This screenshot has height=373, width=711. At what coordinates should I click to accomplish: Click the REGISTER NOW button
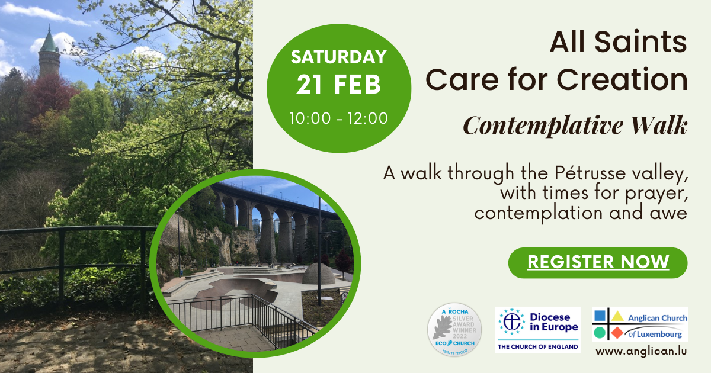[598, 263]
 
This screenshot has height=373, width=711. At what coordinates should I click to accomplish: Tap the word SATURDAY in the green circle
[339, 57]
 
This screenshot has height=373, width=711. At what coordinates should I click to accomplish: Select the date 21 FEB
[339, 85]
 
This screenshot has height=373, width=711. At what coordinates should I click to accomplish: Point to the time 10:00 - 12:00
[338, 118]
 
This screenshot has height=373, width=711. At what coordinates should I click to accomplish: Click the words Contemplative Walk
[575, 126]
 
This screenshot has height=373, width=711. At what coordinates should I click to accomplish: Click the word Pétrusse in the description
[591, 173]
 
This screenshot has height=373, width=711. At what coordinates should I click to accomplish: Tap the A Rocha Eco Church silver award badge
[454, 330]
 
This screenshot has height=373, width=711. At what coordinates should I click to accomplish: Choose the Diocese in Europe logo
[538, 330]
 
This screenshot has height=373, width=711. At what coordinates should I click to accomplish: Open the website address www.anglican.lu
[641, 352]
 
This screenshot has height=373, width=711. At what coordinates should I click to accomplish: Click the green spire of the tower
[49, 40]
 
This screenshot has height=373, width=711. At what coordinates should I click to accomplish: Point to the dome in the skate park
[318, 274]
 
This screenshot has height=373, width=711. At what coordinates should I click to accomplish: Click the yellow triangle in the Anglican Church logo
[617, 316]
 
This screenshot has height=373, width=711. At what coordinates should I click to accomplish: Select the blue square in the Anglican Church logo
[600, 316]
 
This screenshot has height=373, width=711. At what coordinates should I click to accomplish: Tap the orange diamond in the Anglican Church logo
[617, 333]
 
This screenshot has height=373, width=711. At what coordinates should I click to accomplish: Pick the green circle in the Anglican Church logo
[600, 333]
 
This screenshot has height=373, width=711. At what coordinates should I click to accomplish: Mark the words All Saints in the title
[619, 42]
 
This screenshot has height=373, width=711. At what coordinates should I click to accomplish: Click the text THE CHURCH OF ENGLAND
[538, 347]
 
